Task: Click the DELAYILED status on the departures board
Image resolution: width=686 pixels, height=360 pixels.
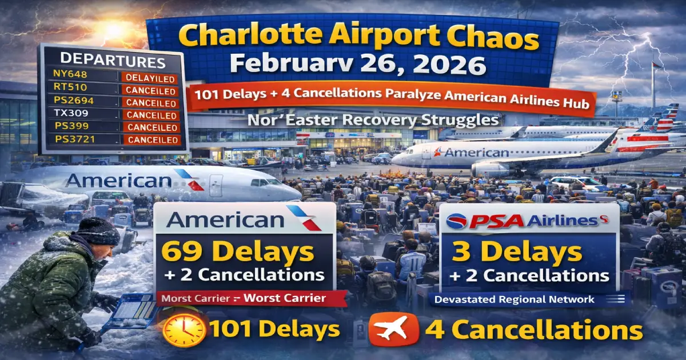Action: point(150,78)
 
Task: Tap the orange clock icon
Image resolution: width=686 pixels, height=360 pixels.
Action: point(184,330)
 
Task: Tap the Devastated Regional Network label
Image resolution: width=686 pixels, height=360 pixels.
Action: point(514,299)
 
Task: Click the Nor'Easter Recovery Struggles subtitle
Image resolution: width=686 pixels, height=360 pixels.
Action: point(365,121)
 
